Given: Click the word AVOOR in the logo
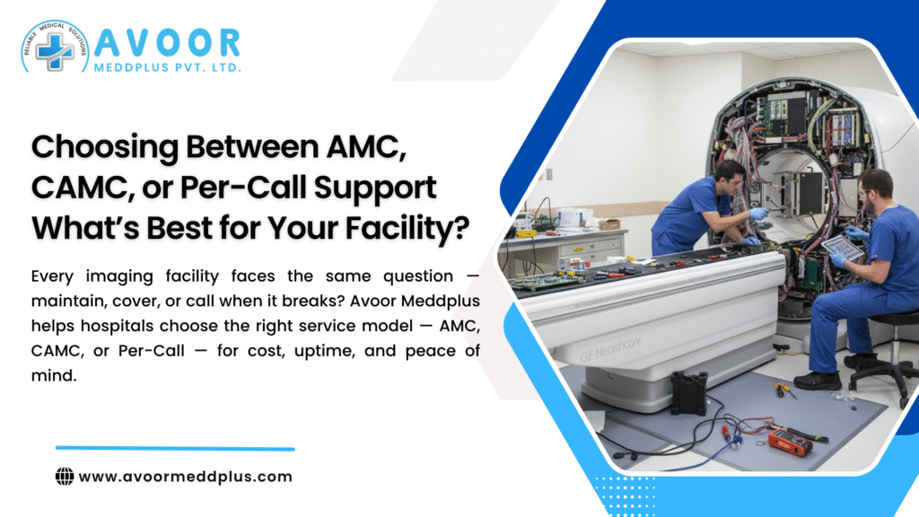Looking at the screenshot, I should (167, 42).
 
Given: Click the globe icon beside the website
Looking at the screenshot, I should (65, 477).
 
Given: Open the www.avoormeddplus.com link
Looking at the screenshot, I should (186, 477).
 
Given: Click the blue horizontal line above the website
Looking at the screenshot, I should (175, 448).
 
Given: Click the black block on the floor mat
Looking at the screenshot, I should (689, 392).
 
